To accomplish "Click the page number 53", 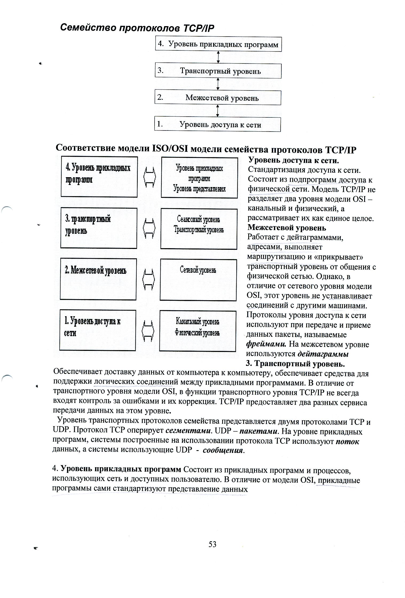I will pyautogui.click(x=213, y=544).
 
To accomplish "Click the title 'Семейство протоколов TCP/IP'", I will pyautogui.click(x=137, y=28).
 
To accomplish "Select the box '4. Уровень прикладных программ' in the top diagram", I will pyautogui.click(x=218, y=44).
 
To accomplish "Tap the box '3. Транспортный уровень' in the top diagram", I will pyautogui.click(x=218, y=71).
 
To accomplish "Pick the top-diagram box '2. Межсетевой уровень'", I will pyautogui.click(x=218, y=98).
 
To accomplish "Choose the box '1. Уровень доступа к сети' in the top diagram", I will pyautogui.click(x=217, y=125).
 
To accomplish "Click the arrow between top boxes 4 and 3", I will pyautogui.click(x=218, y=57).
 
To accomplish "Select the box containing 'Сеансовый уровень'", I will pyautogui.click(x=199, y=229).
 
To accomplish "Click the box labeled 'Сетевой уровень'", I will pyautogui.click(x=198, y=280).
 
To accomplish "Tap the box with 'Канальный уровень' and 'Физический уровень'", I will pyautogui.click(x=198, y=331).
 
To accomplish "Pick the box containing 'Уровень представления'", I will pyautogui.click(x=199, y=177).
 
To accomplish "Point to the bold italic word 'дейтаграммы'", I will pyautogui.click(x=323, y=354).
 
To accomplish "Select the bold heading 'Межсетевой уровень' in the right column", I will pyautogui.click(x=287, y=228).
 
